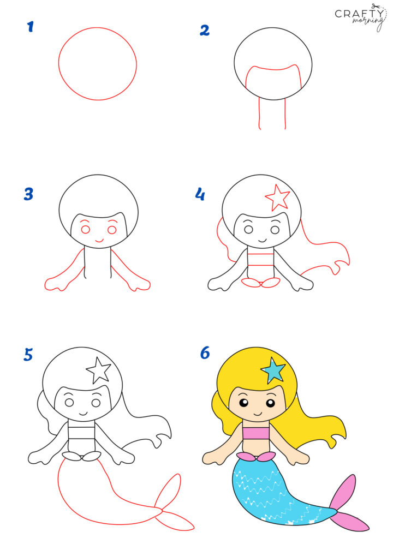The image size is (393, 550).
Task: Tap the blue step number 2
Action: coord(204,29)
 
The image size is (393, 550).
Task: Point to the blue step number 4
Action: coord(200,193)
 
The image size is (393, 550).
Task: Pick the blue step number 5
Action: coord(29,355)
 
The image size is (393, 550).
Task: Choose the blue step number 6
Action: coord(205,353)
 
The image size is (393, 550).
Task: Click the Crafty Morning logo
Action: coord(361,16)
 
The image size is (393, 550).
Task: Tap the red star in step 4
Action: coord(277,197)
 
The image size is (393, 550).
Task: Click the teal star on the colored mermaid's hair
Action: coord(273,370)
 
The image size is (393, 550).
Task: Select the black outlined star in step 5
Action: coord(98,370)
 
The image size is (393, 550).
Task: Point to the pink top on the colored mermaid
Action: coord(257,434)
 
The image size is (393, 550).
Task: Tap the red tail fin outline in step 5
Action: coord(171,502)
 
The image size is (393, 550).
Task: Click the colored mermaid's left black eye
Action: coord(243,403)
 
